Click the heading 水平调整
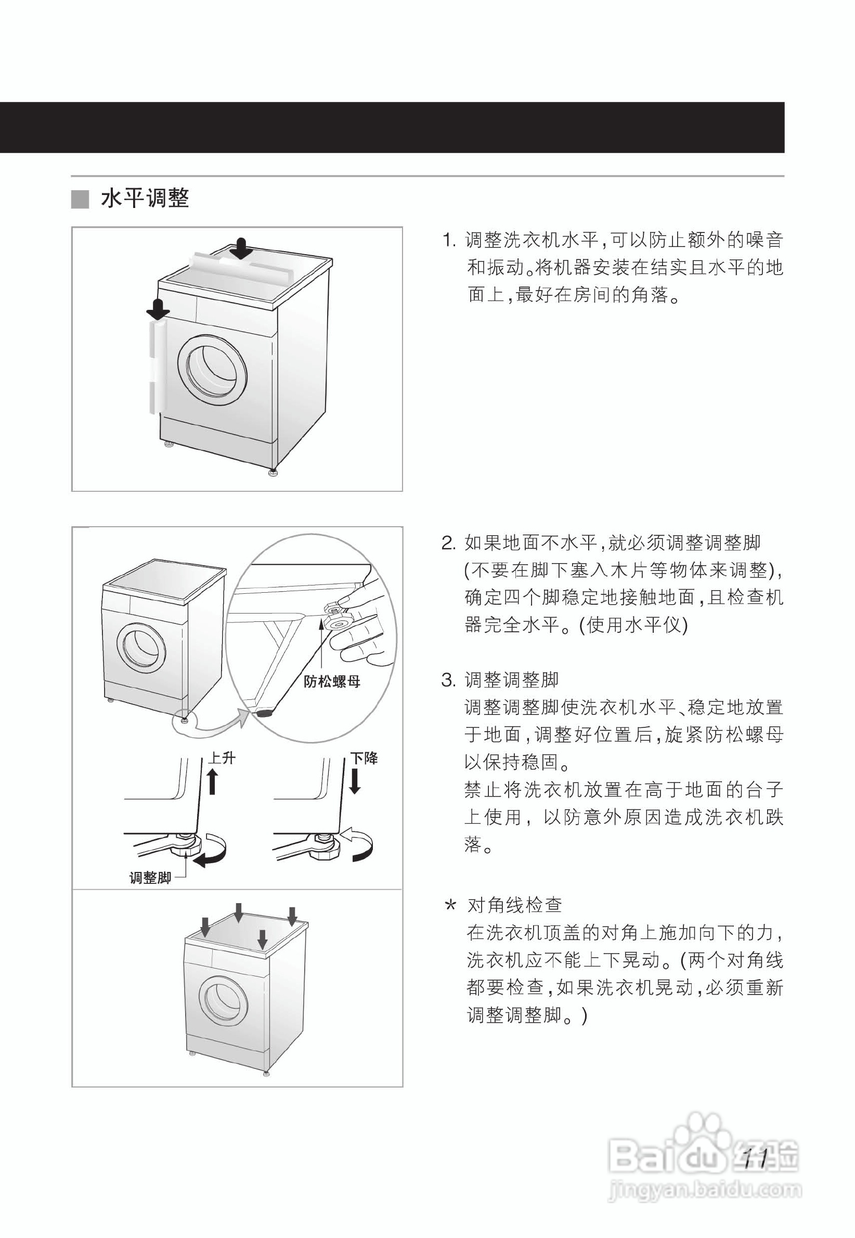145,199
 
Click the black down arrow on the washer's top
241,249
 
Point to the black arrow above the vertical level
158,308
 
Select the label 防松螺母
332,682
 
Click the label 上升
221,758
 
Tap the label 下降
364,758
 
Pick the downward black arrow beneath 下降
355,781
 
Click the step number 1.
448,240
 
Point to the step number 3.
448,681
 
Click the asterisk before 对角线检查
450,905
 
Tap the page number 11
757,1160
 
